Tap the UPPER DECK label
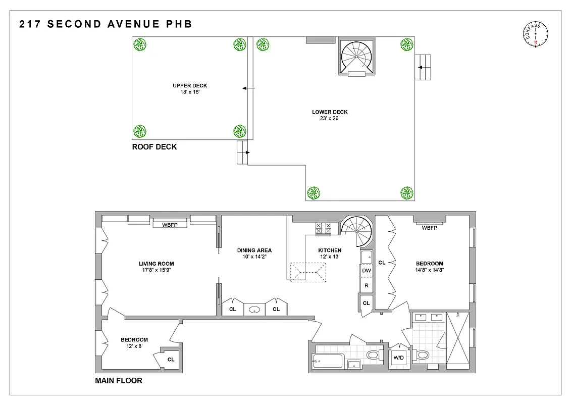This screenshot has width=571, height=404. point(190,85)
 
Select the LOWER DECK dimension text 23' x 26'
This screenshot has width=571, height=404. point(330,119)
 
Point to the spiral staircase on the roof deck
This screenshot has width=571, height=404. point(355,57)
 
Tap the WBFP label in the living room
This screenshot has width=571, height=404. point(170,225)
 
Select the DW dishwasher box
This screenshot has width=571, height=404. point(367,271)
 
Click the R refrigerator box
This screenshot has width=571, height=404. point(367,285)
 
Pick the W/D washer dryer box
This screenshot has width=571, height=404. point(399,358)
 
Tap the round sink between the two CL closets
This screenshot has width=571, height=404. point(255,309)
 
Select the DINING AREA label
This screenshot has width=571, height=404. point(254,250)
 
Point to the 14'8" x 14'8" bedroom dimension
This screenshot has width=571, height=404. point(430,270)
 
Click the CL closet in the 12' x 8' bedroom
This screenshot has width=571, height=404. point(171,360)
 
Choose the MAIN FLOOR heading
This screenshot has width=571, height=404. point(119,381)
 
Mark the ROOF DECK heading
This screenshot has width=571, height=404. point(154,147)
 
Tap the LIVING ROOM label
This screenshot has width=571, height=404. point(157,264)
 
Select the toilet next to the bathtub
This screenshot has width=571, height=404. point(373,356)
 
